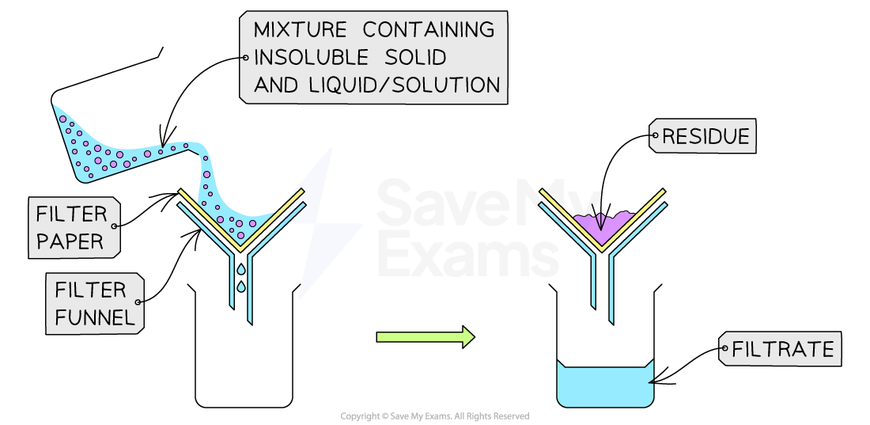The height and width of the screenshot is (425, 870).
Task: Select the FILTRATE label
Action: pos(782,348)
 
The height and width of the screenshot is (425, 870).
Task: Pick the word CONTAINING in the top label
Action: pos(428,30)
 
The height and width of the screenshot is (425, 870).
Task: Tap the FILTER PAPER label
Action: pos(73,227)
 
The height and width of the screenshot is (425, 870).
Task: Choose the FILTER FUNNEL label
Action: pos(94,304)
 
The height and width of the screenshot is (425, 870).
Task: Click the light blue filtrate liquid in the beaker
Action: pos(605,387)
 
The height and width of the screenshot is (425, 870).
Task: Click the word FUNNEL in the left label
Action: pos(94,317)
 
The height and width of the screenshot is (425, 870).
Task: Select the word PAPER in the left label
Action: pos(70,241)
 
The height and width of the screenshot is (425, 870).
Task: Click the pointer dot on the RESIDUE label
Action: pos(655,136)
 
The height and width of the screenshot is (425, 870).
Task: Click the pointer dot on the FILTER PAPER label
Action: pos(115,226)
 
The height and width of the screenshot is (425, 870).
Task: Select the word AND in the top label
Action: pos(275,85)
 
